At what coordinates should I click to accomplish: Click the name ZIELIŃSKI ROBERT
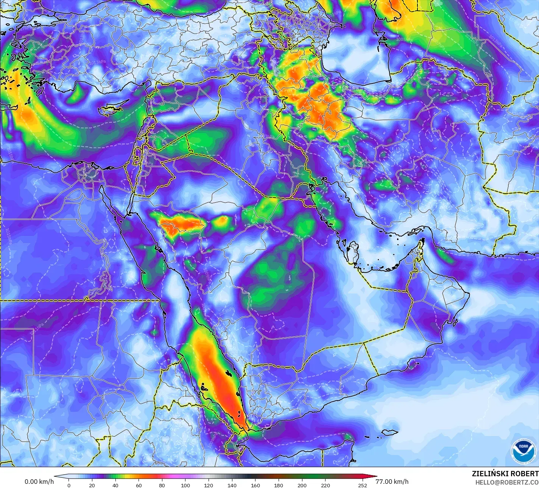tap(505, 474)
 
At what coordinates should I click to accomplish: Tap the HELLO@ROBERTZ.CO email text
tap(507, 482)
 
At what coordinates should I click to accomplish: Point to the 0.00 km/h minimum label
tap(39, 482)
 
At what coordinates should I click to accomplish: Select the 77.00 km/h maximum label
tap(392, 482)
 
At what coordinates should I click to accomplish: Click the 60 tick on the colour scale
tap(139, 485)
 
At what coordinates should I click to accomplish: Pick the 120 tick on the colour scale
tap(209, 485)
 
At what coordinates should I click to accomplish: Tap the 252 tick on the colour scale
tap(363, 485)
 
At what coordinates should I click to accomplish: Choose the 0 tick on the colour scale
tap(69, 485)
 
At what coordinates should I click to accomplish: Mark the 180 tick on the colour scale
tap(279, 485)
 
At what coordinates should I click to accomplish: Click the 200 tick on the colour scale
tap(302, 485)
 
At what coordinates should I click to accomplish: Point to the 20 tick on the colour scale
tap(92, 485)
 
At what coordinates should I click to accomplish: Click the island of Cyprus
tap(109, 109)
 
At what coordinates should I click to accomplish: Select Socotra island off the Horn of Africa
tap(390, 432)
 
